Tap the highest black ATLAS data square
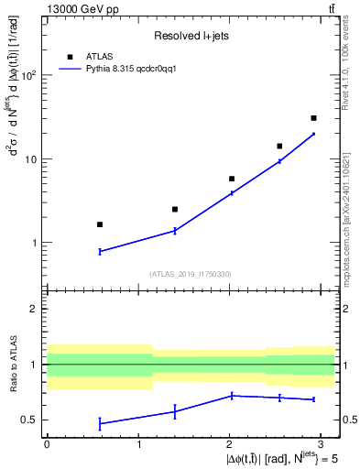click(x=313, y=118)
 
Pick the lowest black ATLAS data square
click(x=100, y=224)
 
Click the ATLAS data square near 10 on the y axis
click(x=279, y=146)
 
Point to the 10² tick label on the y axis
click(x=28, y=75)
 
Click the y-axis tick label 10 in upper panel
click(x=30, y=159)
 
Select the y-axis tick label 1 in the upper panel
click(x=34, y=244)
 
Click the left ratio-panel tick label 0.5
click(x=29, y=420)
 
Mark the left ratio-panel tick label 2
click(x=34, y=309)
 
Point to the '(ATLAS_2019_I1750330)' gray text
click(x=191, y=274)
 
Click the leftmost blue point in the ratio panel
click(x=100, y=423)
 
